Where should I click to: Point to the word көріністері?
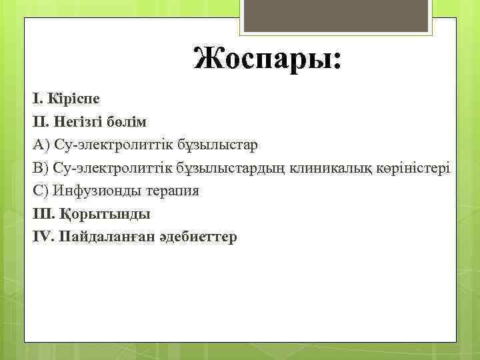click(x=411, y=167)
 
